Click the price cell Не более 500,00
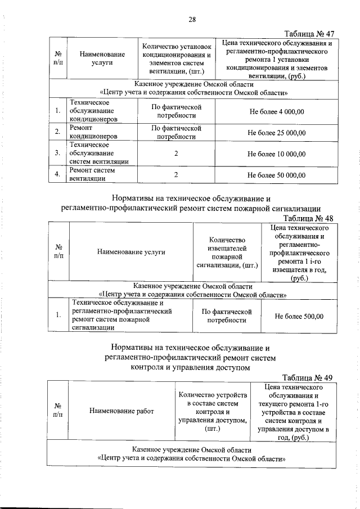pos(299,316)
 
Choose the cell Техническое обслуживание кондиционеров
pos(93,111)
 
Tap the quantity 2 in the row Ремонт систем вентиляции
pos(176,175)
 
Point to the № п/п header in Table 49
pos(58,411)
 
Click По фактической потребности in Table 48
pos(227,316)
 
